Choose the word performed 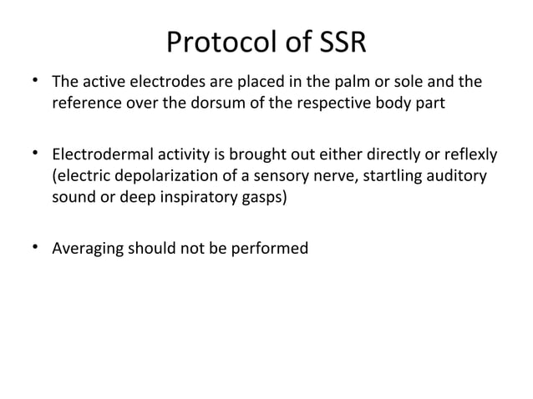[x=272, y=248]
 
